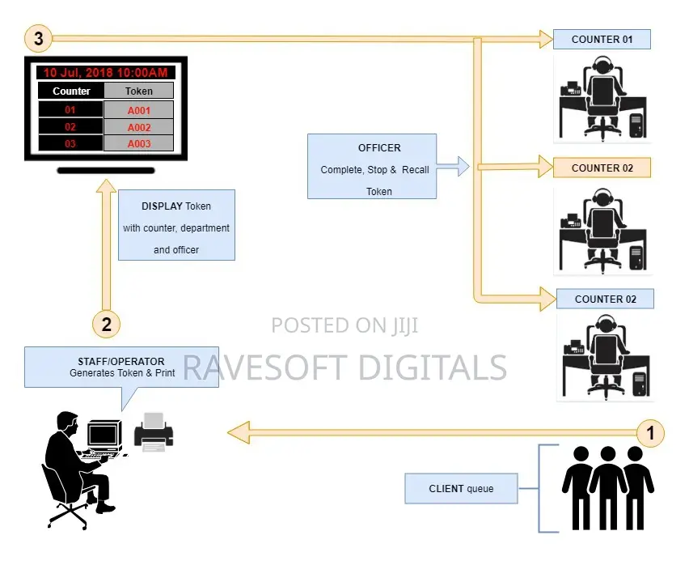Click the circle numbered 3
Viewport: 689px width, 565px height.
tap(38, 39)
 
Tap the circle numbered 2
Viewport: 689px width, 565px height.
tap(106, 324)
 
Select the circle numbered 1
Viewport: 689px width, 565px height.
tap(650, 432)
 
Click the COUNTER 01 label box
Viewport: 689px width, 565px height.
tap(602, 39)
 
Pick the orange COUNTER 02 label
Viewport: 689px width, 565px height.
tap(602, 168)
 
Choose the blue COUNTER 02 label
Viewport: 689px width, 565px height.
tap(605, 299)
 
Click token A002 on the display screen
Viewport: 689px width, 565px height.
tap(139, 127)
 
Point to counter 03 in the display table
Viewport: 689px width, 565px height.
tap(70, 143)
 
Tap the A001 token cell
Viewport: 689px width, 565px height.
tap(139, 110)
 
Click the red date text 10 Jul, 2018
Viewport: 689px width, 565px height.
tap(78, 73)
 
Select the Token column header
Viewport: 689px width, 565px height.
tap(139, 91)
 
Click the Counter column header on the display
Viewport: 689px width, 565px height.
tap(71, 91)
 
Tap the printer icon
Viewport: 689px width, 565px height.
tap(154, 431)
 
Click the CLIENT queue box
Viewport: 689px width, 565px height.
tap(461, 488)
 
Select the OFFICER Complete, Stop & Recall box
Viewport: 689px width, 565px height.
tap(372, 166)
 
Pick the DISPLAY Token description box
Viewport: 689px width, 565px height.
tap(176, 225)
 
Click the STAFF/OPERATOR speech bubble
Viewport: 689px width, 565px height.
tap(121, 367)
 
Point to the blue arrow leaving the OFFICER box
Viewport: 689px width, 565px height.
tap(453, 166)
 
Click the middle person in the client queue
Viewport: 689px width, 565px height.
tap(607, 487)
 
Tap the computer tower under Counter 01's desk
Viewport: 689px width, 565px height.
tap(636, 125)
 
